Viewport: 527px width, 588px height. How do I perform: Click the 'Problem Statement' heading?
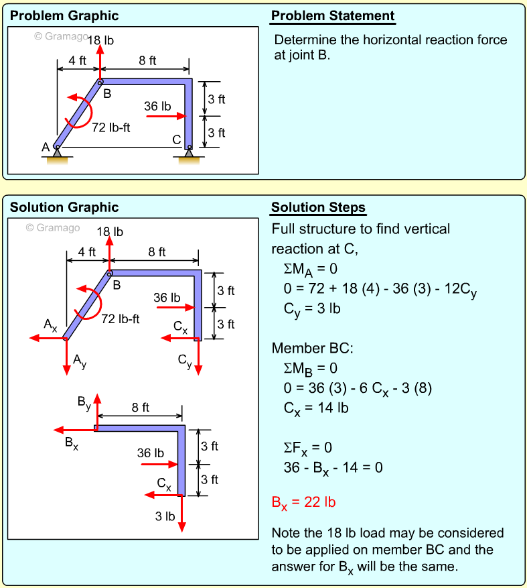click(x=333, y=16)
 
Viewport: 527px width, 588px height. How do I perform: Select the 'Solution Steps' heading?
click(x=318, y=207)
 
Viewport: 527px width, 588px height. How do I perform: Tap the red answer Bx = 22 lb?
click(x=303, y=502)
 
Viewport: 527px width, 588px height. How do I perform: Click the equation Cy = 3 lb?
click(x=313, y=309)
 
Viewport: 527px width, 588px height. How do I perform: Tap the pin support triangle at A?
click(x=58, y=154)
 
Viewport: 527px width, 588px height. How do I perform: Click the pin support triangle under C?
click(x=189, y=154)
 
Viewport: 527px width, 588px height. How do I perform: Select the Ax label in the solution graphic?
click(x=51, y=325)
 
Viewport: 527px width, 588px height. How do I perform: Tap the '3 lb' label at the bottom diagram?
click(x=165, y=516)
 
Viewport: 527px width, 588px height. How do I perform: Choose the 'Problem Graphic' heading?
click(x=64, y=16)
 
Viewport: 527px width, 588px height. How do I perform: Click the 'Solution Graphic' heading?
click(x=64, y=207)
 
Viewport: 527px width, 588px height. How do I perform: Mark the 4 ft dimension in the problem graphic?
click(x=78, y=60)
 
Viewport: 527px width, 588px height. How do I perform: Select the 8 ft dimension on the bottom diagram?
click(x=141, y=407)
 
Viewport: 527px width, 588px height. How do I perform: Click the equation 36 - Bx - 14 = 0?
click(x=333, y=467)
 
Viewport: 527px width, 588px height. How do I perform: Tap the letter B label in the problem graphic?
click(x=106, y=94)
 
